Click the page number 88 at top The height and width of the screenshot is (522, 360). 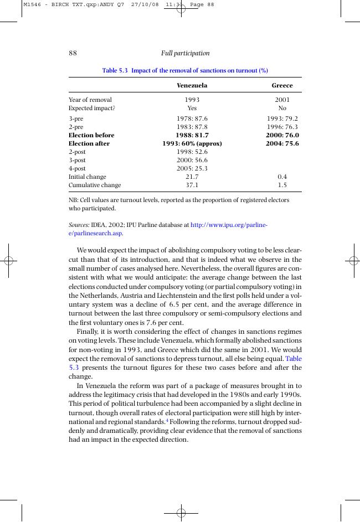click(x=73, y=53)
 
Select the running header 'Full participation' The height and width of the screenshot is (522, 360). click(x=185, y=53)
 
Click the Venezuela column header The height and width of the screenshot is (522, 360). click(x=192, y=86)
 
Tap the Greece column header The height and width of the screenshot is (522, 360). click(x=282, y=86)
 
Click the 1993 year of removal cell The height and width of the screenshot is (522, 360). click(x=192, y=100)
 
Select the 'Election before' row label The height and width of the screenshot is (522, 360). click(x=91, y=135)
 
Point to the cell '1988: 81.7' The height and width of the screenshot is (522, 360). click(x=192, y=135)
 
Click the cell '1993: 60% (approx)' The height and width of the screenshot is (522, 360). click(x=192, y=143)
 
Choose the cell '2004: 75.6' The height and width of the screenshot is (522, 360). click(x=282, y=143)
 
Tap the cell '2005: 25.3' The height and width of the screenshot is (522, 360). click(x=192, y=168)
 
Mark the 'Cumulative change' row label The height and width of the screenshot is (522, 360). click(x=94, y=185)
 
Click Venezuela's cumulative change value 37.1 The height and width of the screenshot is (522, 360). click(x=192, y=185)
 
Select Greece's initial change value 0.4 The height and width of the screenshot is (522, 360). click(x=282, y=177)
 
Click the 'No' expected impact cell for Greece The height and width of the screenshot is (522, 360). click(x=282, y=108)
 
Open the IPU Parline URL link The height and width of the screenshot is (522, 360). click(x=228, y=225)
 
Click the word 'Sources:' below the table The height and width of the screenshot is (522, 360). click(x=79, y=225)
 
